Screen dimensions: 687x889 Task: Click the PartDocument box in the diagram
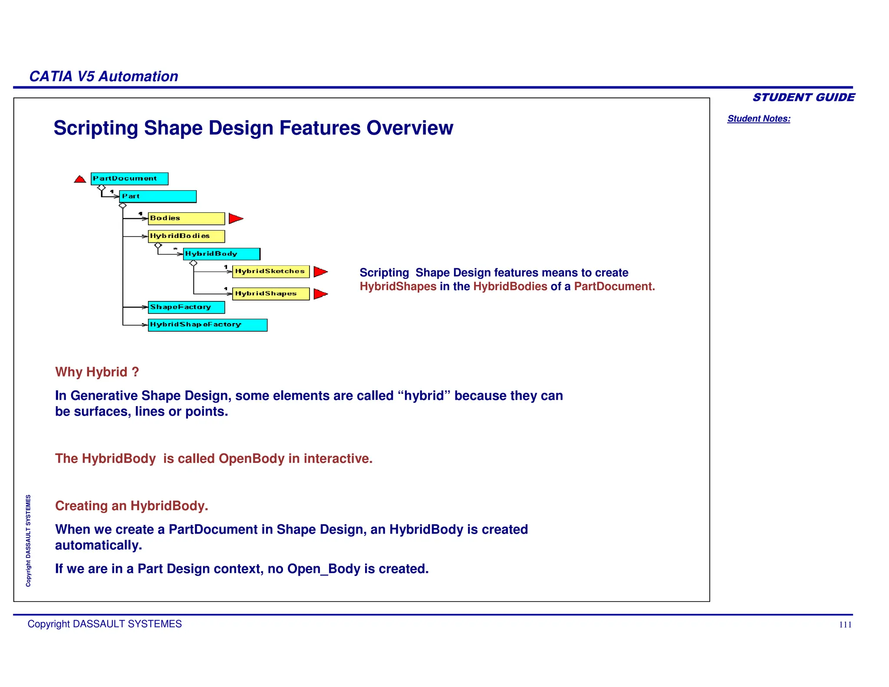(x=129, y=178)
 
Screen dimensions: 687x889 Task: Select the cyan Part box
(x=158, y=196)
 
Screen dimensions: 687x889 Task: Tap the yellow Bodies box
(x=186, y=218)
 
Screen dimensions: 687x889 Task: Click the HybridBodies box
(x=186, y=236)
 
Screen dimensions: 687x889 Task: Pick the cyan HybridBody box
(x=221, y=254)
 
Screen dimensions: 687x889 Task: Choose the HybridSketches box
(x=271, y=271)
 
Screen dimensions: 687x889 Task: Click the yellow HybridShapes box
(x=271, y=294)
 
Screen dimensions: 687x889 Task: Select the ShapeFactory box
(x=186, y=307)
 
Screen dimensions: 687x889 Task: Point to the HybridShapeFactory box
(x=207, y=325)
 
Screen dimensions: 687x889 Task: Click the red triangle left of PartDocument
(x=80, y=179)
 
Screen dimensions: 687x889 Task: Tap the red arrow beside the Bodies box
(x=235, y=218)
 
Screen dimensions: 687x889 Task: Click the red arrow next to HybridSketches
(x=319, y=272)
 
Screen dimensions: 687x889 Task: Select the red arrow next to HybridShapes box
(x=319, y=294)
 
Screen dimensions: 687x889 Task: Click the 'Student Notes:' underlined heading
(x=758, y=119)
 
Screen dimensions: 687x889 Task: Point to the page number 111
(x=845, y=624)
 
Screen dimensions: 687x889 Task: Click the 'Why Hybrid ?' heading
(x=97, y=372)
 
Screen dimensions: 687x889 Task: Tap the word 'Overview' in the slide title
(x=409, y=128)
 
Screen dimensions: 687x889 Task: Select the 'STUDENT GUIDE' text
(x=803, y=97)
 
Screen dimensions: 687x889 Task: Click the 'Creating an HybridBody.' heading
(x=132, y=506)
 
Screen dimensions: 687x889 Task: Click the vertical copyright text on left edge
(x=28, y=541)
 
